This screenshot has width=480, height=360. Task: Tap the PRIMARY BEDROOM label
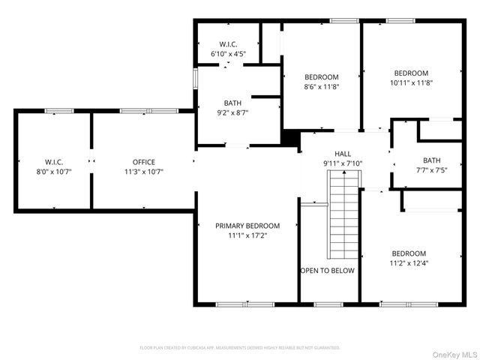(247, 226)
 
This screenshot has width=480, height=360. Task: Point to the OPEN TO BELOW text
(328, 271)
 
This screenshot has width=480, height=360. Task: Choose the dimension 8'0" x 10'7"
(54, 172)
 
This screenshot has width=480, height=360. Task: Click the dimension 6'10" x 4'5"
(229, 53)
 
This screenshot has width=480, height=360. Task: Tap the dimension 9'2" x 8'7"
(232, 112)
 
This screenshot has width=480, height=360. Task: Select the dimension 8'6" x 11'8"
(321, 87)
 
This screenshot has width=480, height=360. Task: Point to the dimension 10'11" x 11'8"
(411, 82)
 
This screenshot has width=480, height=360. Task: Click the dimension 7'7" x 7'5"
(431, 169)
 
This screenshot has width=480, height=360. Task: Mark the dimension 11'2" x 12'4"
(409, 263)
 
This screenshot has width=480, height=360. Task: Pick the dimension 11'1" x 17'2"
(247, 235)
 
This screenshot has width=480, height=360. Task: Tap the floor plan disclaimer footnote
(240, 348)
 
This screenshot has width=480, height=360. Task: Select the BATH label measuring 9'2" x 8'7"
(232, 103)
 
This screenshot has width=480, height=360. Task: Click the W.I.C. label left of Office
(54, 162)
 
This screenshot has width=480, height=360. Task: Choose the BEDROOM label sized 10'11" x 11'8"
(411, 73)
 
